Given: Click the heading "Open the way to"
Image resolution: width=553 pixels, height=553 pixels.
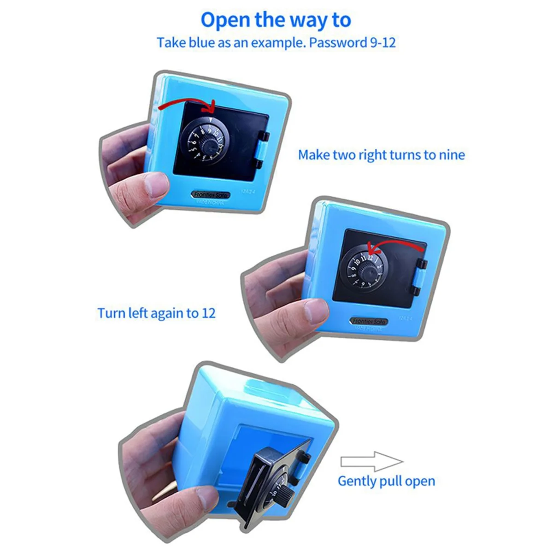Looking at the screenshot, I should (276, 20).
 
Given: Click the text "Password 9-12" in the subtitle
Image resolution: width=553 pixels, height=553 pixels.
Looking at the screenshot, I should (353, 43).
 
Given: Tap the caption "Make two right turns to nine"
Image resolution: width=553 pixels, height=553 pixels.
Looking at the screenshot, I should (381, 155).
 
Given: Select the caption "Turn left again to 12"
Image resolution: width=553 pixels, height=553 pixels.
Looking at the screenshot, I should (156, 313).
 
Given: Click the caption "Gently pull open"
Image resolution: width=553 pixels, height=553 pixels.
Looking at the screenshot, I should (386, 481).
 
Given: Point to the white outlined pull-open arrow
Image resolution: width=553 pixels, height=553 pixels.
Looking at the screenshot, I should (371, 461).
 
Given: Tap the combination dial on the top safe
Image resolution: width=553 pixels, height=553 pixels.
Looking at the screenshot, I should (203, 141).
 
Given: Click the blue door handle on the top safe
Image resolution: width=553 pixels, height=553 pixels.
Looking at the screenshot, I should (261, 150).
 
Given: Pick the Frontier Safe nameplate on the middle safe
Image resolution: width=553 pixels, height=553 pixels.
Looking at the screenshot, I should (369, 321).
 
